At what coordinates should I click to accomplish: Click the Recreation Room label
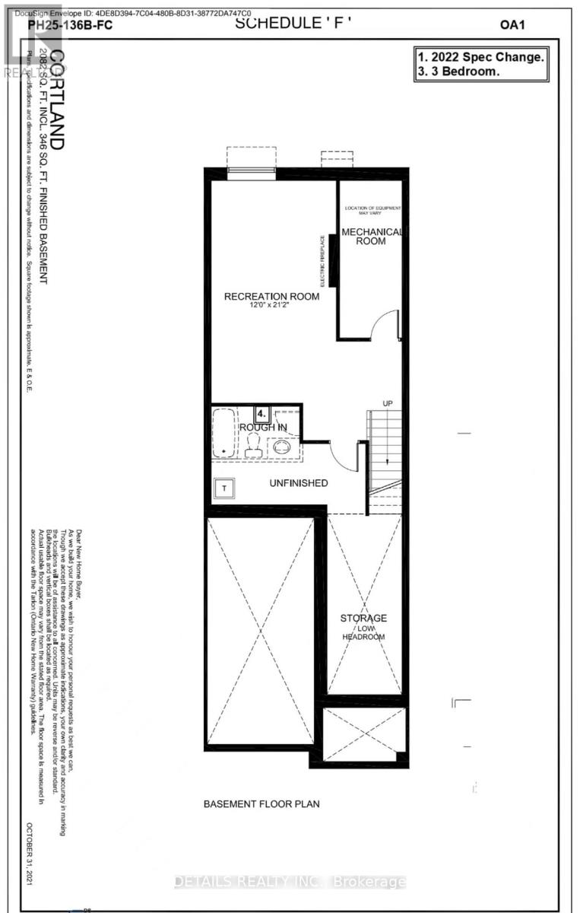coord(271,296)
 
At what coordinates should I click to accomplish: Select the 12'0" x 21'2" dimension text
coord(271,306)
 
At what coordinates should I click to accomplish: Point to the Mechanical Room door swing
coord(385,324)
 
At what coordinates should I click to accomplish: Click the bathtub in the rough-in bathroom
coord(224,434)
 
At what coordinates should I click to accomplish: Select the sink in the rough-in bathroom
coord(283,446)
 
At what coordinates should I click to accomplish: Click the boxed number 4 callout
coord(261,415)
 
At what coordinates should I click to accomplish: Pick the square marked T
coord(225,488)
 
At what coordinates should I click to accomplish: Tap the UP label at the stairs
coord(387,402)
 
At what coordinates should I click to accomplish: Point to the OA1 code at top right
coord(512,24)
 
